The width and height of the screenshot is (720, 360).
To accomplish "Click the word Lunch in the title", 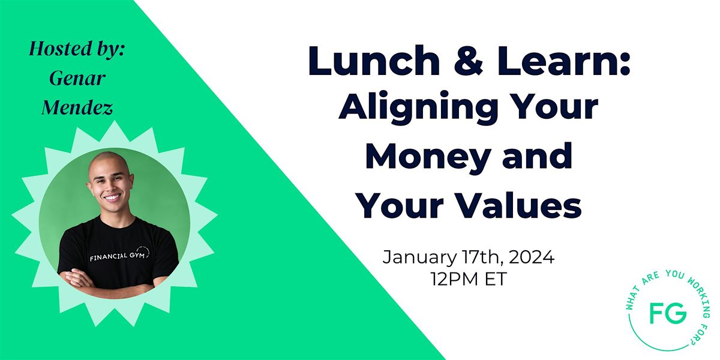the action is [374, 61].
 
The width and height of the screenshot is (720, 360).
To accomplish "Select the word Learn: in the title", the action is [563, 61].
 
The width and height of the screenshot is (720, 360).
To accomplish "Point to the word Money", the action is [428, 156].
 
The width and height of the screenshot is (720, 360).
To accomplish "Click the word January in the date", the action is [419, 258].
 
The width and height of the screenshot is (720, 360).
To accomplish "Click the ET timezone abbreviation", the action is [496, 278].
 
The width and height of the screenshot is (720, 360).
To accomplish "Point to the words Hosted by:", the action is [77, 49].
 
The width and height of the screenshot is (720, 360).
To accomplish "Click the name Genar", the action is [77, 78].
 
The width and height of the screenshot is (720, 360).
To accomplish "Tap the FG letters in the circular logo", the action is [668, 313].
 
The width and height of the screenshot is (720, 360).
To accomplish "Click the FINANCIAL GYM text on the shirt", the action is [117, 257].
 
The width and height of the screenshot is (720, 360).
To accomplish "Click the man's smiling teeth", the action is [112, 197].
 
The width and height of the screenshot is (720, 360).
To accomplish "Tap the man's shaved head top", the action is [109, 160].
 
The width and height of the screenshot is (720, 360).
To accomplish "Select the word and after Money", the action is [537, 156].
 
